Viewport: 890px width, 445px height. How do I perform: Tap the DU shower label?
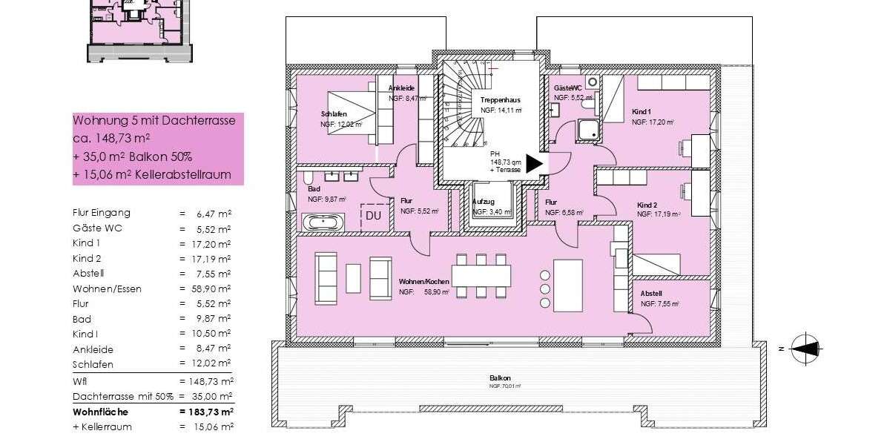click(373, 216)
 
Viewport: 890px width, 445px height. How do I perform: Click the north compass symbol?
click(805, 347)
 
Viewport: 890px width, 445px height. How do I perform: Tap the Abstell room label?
click(651, 294)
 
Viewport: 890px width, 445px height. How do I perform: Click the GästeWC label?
click(567, 88)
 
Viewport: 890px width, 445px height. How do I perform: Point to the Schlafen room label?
click(334, 114)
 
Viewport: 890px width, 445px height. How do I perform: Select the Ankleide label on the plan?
click(401, 88)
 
